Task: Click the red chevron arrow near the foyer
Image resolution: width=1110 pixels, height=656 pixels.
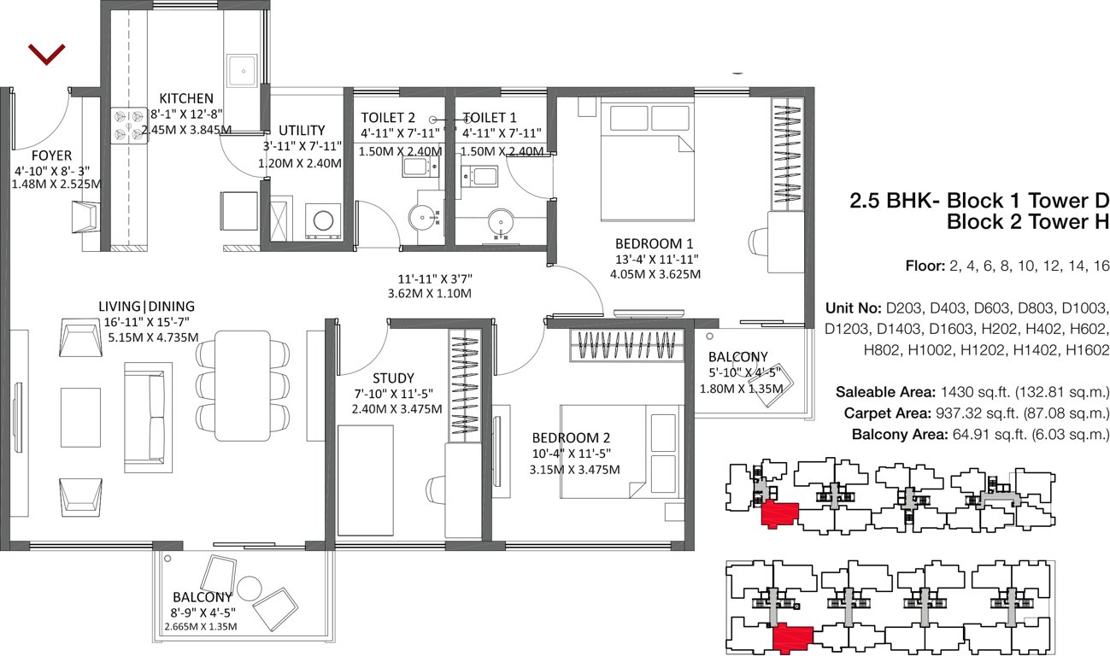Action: [x=46, y=55]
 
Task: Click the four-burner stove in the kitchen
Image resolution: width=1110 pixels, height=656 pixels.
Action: [x=129, y=124]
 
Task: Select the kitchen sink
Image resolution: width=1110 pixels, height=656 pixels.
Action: [x=242, y=69]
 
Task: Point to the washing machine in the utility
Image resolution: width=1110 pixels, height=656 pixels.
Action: [x=323, y=220]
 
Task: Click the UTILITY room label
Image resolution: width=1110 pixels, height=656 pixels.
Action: [x=302, y=130]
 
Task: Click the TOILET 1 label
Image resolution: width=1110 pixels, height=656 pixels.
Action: [x=490, y=117]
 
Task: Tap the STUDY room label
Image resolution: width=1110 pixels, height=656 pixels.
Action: [x=393, y=378]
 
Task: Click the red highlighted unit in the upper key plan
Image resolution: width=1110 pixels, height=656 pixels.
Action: [x=778, y=514]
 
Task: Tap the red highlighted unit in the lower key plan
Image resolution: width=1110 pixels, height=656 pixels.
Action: [x=791, y=637]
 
